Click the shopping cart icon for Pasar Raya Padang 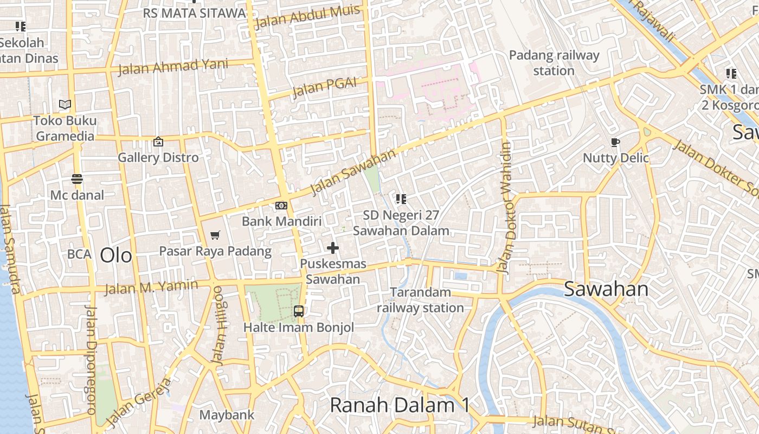pyautogui.click(x=215, y=235)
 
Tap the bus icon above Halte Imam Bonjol pyautogui.click(x=299, y=311)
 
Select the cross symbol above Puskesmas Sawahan pyautogui.click(x=333, y=248)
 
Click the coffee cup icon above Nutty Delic pyautogui.click(x=615, y=143)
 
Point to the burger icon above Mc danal pyautogui.click(x=76, y=178)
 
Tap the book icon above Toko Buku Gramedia pyautogui.click(x=65, y=104)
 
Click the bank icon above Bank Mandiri pyautogui.click(x=281, y=206)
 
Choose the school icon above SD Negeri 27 pyautogui.click(x=401, y=199)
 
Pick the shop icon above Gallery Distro pyautogui.click(x=158, y=142)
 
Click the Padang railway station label pyautogui.click(x=554, y=63)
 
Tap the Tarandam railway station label pyautogui.click(x=421, y=300)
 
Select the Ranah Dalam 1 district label pyautogui.click(x=400, y=405)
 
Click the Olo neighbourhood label pyautogui.click(x=116, y=255)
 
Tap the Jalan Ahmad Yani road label pyautogui.click(x=165, y=67)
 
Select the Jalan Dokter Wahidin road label pyautogui.click(x=506, y=208)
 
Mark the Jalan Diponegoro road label pyautogui.click(x=91, y=360)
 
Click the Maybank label pyautogui.click(x=227, y=415)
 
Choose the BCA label pyautogui.click(x=79, y=254)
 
